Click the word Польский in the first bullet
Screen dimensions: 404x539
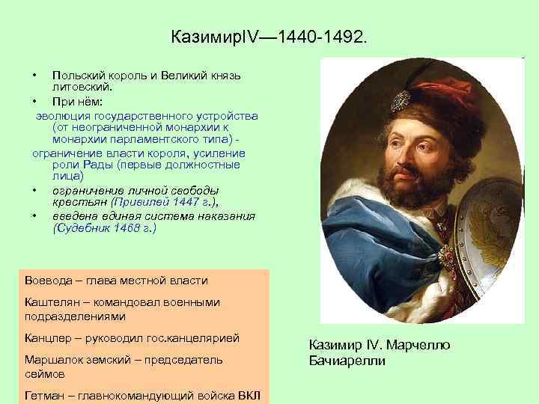click(75, 77)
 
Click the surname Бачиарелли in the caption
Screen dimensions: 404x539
click(347, 361)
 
